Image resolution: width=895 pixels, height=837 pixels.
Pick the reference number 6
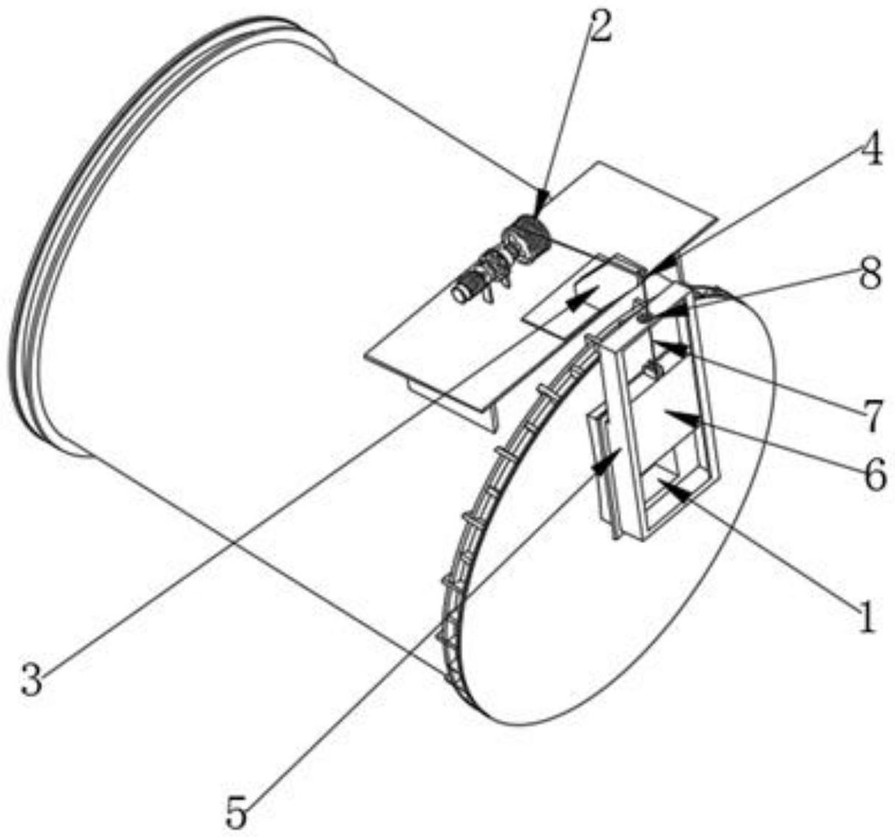tap(874, 475)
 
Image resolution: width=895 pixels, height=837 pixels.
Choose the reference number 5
tap(237, 810)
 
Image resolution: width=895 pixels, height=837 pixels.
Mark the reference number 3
tap(32, 679)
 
